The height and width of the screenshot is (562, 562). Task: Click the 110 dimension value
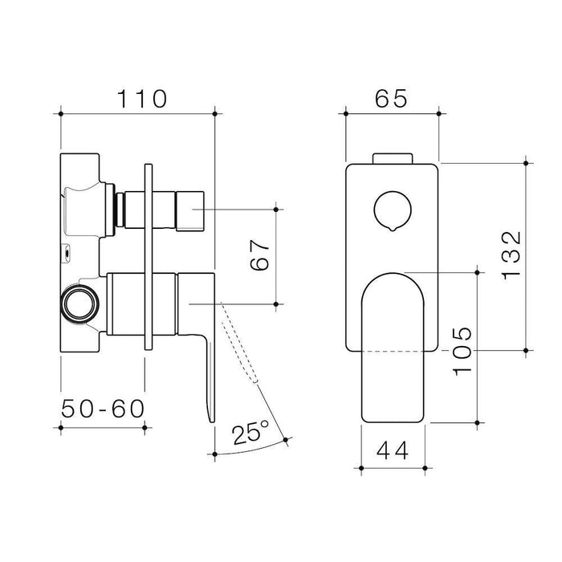(x=142, y=99)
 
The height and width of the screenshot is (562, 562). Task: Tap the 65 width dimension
(x=391, y=99)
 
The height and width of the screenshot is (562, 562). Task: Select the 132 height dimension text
(x=511, y=255)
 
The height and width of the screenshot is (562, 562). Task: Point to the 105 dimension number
(x=462, y=352)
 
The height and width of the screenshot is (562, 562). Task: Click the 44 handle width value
(x=393, y=451)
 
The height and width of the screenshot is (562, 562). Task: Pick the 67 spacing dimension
(x=259, y=255)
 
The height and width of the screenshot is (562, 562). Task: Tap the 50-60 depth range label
(x=103, y=409)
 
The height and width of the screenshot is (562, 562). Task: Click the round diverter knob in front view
(x=393, y=210)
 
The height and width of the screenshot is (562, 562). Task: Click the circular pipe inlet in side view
(x=79, y=303)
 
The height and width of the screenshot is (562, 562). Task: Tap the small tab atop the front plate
(x=393, y=158)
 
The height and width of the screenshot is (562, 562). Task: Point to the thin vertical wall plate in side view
(x=149, y=257)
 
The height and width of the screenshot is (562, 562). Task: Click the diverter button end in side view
(x=190, y=210)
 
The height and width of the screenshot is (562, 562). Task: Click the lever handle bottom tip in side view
(x=211, y=421)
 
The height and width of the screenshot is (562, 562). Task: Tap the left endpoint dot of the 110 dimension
(x=61, y=114)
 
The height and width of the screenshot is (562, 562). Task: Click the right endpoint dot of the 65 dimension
(x=439, y=114)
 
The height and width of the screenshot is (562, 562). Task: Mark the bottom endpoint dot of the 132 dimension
(x=526, y=351)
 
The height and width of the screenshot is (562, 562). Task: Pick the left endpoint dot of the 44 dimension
(x=361, y=468)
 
